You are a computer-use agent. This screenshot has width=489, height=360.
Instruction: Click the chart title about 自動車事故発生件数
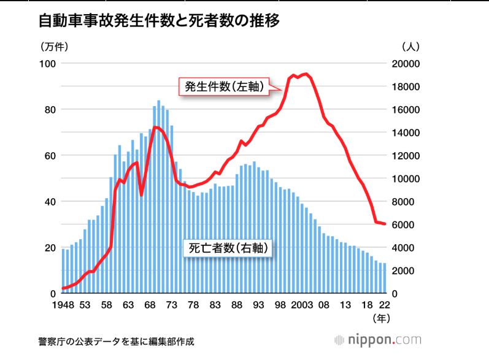159,21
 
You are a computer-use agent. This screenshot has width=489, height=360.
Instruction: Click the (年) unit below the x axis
381,318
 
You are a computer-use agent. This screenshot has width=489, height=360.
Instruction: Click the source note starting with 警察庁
116,341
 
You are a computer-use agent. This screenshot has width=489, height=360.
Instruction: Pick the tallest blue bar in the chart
158,197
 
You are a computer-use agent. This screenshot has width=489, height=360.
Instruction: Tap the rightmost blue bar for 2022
385,278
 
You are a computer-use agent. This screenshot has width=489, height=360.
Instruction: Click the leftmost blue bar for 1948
63,271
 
